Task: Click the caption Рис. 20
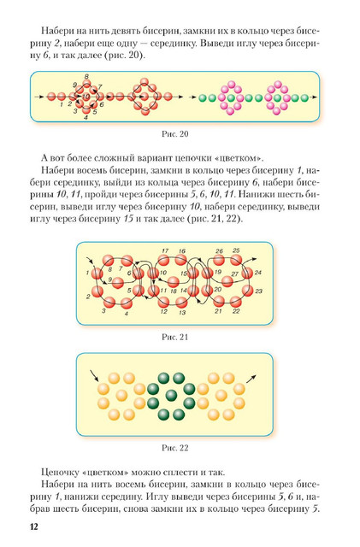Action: (175, 134)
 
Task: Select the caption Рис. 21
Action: (175, 337)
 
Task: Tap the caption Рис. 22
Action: (175, 448)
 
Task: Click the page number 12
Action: (34, 526)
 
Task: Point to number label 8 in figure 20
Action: (86, 76)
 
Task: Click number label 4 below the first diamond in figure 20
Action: (86, 118)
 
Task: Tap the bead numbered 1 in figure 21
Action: (97, 273)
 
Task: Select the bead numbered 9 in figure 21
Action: (117, 282)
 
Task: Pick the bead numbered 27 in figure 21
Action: (227, 281)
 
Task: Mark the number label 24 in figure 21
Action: (258, 273)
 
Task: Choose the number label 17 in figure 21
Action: (165, 250)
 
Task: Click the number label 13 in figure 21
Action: (182, 312)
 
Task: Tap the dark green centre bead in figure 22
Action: (171, 396)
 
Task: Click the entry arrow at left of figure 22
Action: (94, 376)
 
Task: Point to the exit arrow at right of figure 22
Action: (251, 379)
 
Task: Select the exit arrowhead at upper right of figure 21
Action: (255, 259)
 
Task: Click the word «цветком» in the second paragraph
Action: (239, 158)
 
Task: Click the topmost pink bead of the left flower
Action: (231, 84)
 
